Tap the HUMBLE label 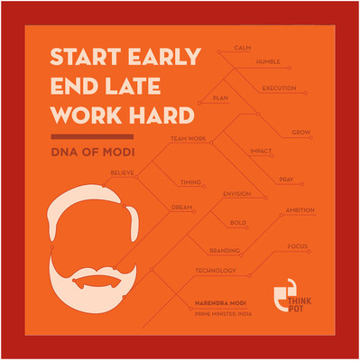coord(268,62)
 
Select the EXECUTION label coord(279,88)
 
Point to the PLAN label coord(219,97)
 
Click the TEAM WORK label coord(189,138)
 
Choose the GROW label coord(301,133)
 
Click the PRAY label coord(286,180)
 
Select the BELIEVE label coord(124,171)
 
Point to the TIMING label coord(190,181)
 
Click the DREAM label coord(183,207)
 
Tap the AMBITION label coord(300,209)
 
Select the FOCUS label coord(299,245)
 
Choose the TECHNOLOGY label coord(216,270)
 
